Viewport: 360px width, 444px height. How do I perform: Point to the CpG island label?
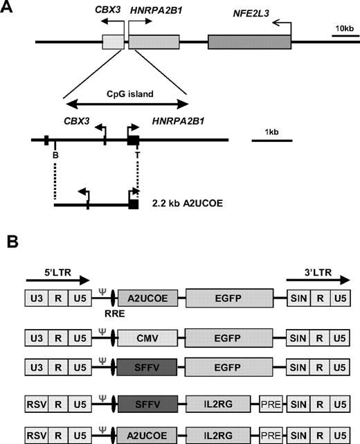click(x=125, y=92)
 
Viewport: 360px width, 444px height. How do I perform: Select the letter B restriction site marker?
click(x=55, y=156)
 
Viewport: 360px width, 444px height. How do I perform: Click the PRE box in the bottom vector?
click(x=272, y=434)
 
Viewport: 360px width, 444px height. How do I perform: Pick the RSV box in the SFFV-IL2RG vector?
click(x=36, y=401)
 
